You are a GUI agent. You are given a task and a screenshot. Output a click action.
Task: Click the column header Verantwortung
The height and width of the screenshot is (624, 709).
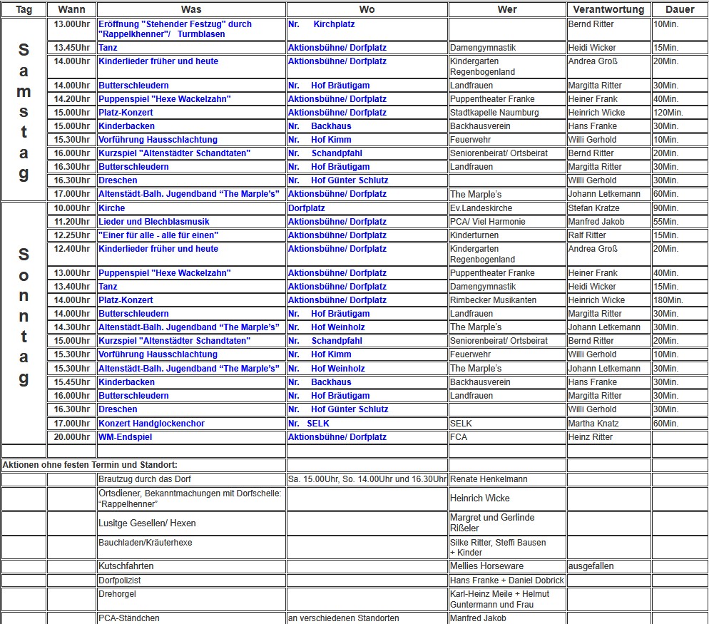coord(608,10)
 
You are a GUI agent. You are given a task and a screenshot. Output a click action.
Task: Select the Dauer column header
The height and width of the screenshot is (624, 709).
coord(679,10)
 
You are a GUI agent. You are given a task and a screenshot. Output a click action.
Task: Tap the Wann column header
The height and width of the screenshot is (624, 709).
coord(71,10)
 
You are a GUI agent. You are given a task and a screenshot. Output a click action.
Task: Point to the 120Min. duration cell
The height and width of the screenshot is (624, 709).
coord(668,113)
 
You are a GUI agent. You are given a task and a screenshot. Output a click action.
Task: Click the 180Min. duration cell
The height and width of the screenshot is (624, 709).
coord(668,300)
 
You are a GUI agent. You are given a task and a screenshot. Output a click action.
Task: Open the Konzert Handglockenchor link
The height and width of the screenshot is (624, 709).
coord(151,424)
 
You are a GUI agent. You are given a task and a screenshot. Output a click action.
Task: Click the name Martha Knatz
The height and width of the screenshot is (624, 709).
coord(594,424)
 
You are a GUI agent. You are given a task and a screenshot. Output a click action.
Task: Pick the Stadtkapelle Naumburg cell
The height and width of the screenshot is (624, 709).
coord(494,113)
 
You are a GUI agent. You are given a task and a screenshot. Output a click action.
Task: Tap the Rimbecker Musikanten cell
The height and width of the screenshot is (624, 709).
coord(493,300)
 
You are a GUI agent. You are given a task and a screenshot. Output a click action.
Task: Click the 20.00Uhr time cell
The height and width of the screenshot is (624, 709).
coord(72,437)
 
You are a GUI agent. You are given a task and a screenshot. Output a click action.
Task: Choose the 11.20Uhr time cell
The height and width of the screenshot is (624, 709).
coord(72,222)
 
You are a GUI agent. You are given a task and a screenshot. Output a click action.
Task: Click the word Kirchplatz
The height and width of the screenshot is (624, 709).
coord(334,24)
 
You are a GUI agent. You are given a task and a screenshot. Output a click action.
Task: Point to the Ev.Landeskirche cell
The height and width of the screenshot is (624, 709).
coord(481,208)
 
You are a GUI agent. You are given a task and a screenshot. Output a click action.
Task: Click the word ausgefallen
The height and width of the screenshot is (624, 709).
coord(591,566)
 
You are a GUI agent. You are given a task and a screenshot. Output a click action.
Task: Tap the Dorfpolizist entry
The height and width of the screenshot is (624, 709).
coord(120,580)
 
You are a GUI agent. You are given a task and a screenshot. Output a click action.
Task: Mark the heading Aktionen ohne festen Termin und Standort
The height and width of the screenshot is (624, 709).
coord(90,465)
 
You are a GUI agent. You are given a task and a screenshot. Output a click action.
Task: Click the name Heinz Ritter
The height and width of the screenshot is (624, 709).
coord(590,437)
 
